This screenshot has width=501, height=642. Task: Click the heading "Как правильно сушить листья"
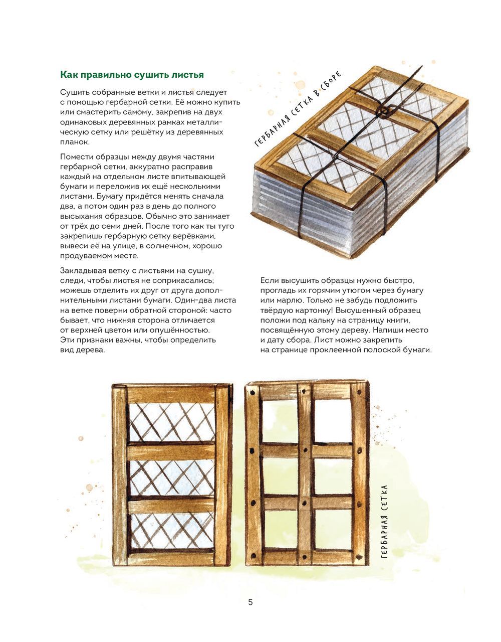coord(132,75)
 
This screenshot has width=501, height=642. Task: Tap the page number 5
coord(250,602)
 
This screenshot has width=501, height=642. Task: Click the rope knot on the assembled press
coord(385,111)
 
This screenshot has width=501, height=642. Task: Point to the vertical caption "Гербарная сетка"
coord(385,522)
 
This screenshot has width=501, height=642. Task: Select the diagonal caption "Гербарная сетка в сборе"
coord(298,109)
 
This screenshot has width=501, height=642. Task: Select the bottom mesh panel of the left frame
coord(171,531)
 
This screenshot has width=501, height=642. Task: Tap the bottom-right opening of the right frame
coord(333,530)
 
